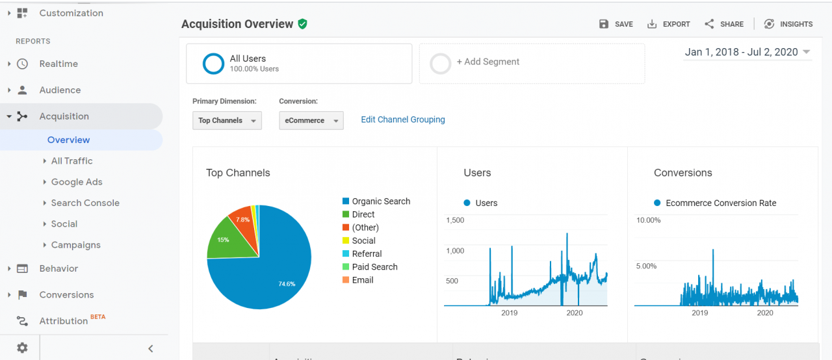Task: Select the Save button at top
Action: click(x=616, y=24)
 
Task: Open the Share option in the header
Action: click(x=724, y=24)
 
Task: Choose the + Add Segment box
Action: click(x=532, y=64)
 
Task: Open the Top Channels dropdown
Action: click(x=227, y=120)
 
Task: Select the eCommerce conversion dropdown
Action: click(x=311, y=120)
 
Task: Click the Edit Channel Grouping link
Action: click(x=402, y=120)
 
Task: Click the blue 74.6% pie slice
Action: click(x=273, y=273)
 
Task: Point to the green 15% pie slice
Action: click(x=224, y=240)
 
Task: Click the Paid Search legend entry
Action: click(x=374, y=267)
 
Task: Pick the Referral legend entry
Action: click(x=366, y=254)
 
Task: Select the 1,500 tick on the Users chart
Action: click(x=454, y=220)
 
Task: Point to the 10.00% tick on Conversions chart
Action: click(x=647, y=220)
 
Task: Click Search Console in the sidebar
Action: click(x=85, y=203)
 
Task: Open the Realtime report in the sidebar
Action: click(x=58, y=64)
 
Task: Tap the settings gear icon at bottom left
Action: click(x=22, y=348)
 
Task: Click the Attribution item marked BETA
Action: click(x=63, y=321)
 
